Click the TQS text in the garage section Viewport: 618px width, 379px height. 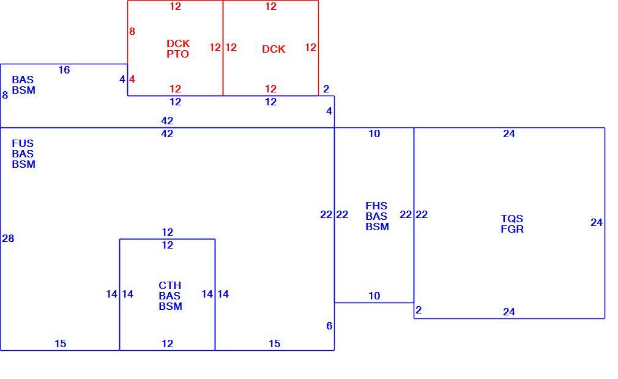(x=512, y=219)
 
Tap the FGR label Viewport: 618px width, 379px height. (x=512, y=229)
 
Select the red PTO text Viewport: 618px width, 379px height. (x=178, y=54)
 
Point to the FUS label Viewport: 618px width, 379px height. (x=23, y=143)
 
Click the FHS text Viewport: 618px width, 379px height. (x=376, y=206)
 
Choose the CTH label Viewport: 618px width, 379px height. (x=170, y=285)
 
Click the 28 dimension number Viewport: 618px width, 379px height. (x=8, y=238)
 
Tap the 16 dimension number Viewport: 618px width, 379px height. (x=64, y=70)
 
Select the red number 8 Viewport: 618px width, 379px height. (x=132, y=32)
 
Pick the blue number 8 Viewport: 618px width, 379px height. (x=5, y=95)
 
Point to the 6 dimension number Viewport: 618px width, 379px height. (x=329, y=326)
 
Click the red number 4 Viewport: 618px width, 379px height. (x=132, y=79)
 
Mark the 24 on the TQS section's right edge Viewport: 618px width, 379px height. (x=597, y=222)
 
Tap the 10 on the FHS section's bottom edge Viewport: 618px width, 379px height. (x=374, y=296)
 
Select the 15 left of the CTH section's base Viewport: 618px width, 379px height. (x=61, y=343)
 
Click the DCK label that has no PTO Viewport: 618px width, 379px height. (x=274, y=49)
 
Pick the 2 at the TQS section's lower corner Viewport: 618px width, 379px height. (x=419, y=310)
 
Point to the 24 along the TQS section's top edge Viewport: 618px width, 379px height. (x=509, y=133)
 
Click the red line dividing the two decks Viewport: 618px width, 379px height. (x=223, y=48)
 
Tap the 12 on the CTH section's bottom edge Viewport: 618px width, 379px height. (x=168, y=343)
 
